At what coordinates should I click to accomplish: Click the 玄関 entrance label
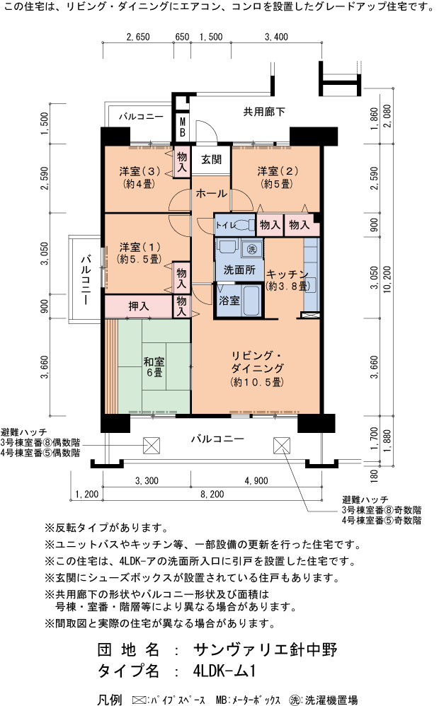[x=211, y=159]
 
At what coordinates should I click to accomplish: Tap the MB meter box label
[x=183, y=127]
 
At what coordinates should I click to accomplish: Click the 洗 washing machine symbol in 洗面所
[x=252, y=248]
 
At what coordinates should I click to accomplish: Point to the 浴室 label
[x=229, y=301]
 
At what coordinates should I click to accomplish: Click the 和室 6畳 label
[x=154, y=367]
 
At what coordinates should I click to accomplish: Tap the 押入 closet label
[x=138, y=306]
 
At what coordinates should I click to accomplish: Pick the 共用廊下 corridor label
[x=264, y=112]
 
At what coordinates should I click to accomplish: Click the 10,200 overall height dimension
[x=387, y=279]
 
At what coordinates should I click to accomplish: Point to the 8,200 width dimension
[x=212, y=494]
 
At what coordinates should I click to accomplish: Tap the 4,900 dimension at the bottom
[x=256, y=481]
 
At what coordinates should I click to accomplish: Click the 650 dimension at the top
[x=182, y=37]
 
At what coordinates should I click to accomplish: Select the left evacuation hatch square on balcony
[x=152, y=446]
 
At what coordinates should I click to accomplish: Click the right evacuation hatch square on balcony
[x=281, y=445]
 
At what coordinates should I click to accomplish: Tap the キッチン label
[x=287, y=274]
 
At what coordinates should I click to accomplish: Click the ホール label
[x=212, y=194]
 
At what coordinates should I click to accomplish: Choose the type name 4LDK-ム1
[x=224, y=671]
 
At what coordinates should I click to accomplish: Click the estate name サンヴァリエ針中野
[x=265, y=649]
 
